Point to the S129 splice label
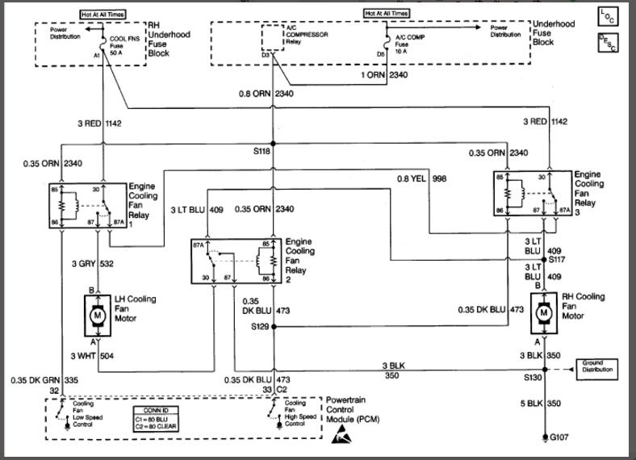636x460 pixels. (257, 327)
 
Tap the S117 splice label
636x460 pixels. (558, 260)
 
